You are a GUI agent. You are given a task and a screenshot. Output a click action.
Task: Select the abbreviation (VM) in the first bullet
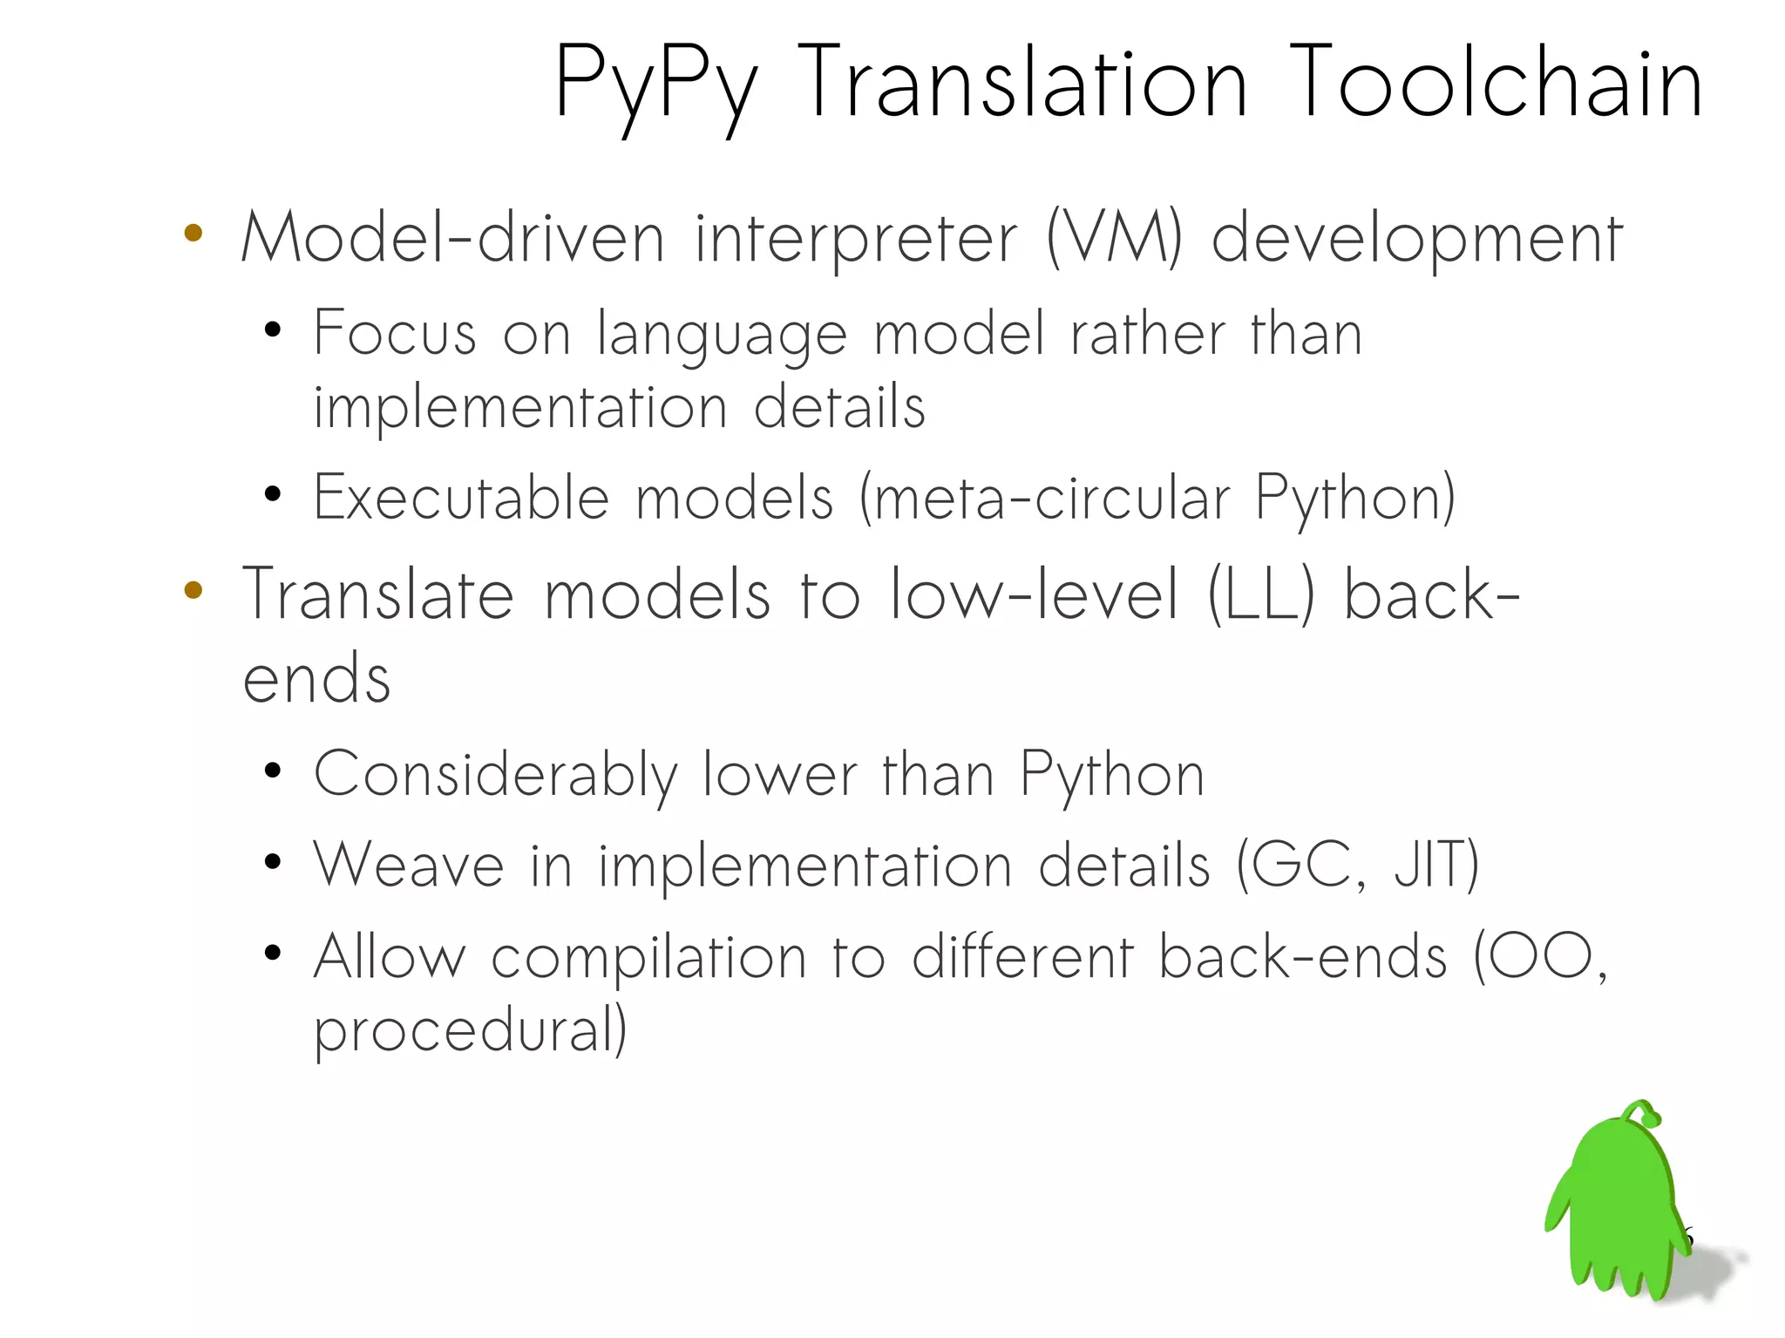click(1113, 238)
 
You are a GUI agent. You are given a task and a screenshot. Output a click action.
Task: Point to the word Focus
click(395, 333)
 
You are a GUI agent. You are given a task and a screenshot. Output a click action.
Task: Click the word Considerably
click(495, 775)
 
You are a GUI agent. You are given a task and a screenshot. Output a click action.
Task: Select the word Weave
click(409, 866)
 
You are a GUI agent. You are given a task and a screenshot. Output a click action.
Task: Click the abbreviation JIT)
click(1436, 866)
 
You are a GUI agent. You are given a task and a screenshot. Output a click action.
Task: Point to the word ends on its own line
click(316, 679)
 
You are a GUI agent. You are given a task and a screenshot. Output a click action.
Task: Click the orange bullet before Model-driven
click(193, 233)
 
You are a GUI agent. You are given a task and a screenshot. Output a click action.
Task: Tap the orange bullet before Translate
click(193, 590)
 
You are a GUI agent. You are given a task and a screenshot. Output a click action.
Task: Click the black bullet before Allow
click(273, 952)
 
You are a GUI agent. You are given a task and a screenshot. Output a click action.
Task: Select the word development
click(1416, 238)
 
